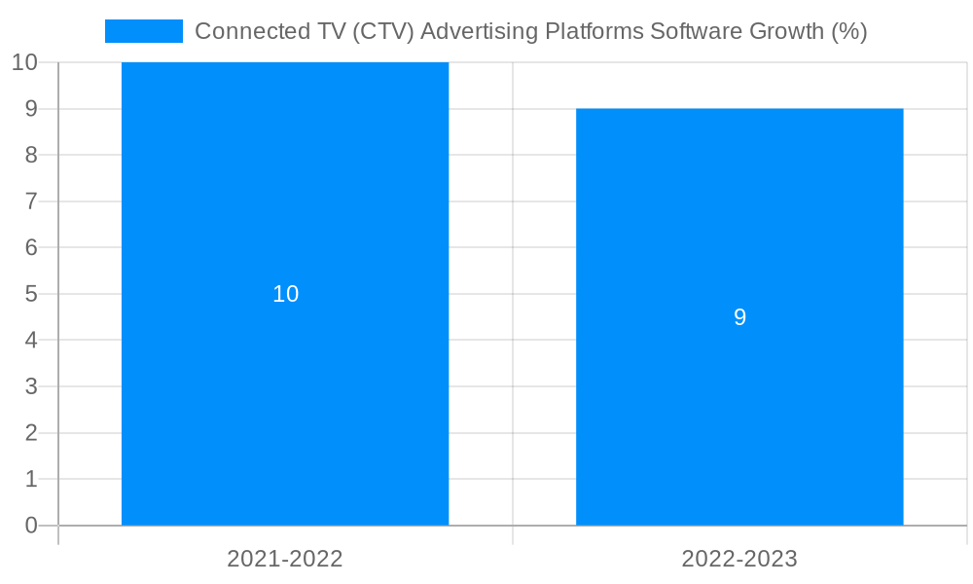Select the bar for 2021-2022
point(285,409)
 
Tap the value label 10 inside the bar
point(285,294)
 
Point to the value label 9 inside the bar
point(739,317)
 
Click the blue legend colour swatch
point(143,31)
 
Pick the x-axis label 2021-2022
point(285,559)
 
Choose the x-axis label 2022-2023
point(739,559)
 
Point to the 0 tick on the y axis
point(31,526)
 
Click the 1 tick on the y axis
point(31,479)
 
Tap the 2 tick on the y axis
point(31,433)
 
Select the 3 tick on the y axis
point(31,386)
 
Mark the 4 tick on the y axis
point(31,341)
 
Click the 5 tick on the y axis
point(31,294)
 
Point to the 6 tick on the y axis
point(31,247)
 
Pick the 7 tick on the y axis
point(31,201)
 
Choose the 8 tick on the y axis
point(31,155)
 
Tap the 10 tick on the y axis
point(24,62)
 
